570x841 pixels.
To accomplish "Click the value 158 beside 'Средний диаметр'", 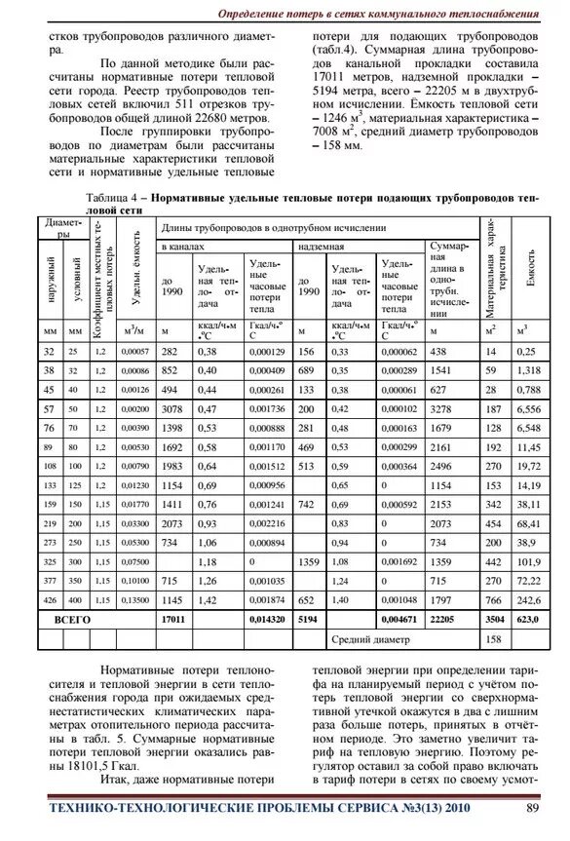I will click(x=493, y=639).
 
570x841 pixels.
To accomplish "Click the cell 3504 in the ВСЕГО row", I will click(x=494, y=619).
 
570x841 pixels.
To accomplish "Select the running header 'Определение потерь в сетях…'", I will click(x=378, y=14).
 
